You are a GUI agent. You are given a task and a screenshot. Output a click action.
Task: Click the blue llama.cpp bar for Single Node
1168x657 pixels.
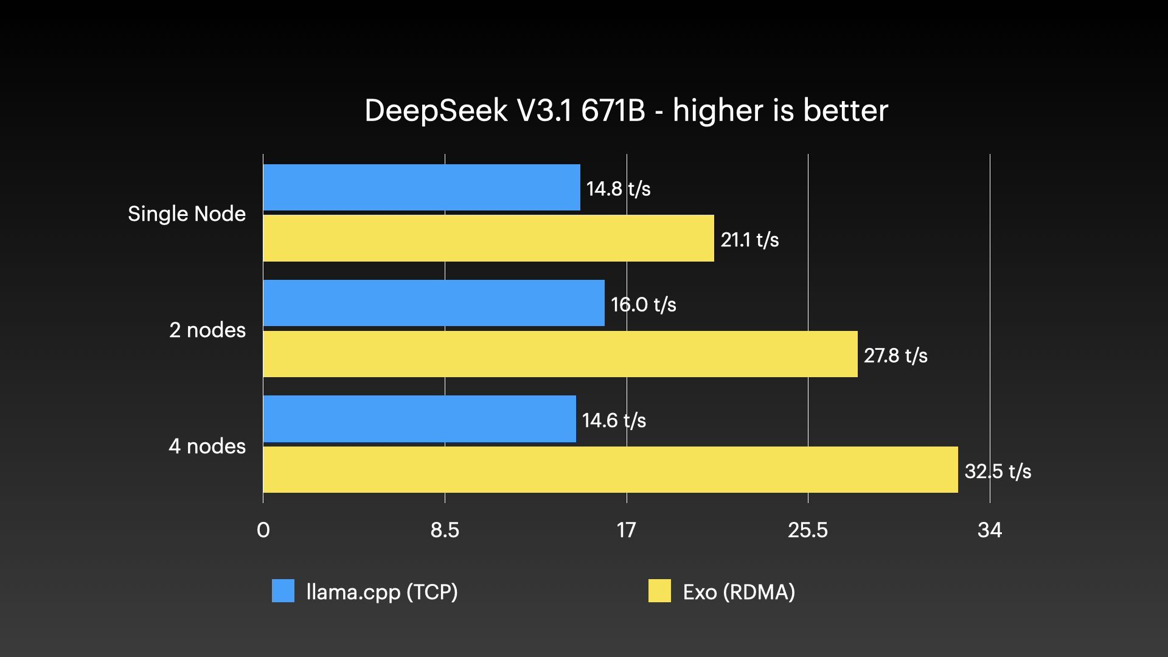click(421, 187)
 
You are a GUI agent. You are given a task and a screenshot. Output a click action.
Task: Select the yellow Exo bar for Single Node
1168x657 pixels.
click(488, 238)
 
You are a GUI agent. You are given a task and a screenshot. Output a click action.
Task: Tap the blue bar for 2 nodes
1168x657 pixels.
click(433, 303)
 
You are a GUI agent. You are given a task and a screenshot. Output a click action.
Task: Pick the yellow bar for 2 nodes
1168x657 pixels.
click(560, 354)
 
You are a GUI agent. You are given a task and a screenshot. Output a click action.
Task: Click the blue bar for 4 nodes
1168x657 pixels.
click(419, 419)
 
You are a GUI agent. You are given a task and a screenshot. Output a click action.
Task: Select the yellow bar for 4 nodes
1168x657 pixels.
click(610, 470)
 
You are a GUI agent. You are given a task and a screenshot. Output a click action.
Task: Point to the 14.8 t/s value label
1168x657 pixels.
click(618, 189)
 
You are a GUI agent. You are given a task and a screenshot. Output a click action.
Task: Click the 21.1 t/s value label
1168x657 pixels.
click(749, 240)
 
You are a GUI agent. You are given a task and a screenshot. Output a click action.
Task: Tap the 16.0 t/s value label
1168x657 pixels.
click(643, 304)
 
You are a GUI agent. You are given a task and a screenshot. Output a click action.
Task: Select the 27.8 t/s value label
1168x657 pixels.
click(895, 355)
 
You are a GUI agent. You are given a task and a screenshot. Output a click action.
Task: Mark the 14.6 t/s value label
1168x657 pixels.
click(614, 420)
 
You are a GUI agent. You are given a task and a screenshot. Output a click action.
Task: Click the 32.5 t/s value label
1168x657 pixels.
click(998, 471)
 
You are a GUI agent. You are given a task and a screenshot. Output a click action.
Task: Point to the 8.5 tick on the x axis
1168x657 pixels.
click(445, 530)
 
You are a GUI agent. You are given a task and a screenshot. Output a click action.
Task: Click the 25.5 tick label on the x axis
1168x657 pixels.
click(808, 530)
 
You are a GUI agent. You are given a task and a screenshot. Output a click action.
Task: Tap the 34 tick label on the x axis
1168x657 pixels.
click(989, 530)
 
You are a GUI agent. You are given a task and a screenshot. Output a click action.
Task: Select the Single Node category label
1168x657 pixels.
click(187, 214)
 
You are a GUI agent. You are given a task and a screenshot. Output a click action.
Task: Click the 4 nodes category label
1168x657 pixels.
click(207, 446)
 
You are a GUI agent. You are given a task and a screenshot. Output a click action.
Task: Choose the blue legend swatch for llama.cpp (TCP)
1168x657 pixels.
click(283, 591)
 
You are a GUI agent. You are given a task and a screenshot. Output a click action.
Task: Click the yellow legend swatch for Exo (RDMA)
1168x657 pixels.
click(659, 591)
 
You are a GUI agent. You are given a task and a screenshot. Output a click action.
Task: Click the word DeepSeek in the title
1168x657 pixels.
click(436, 111)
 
